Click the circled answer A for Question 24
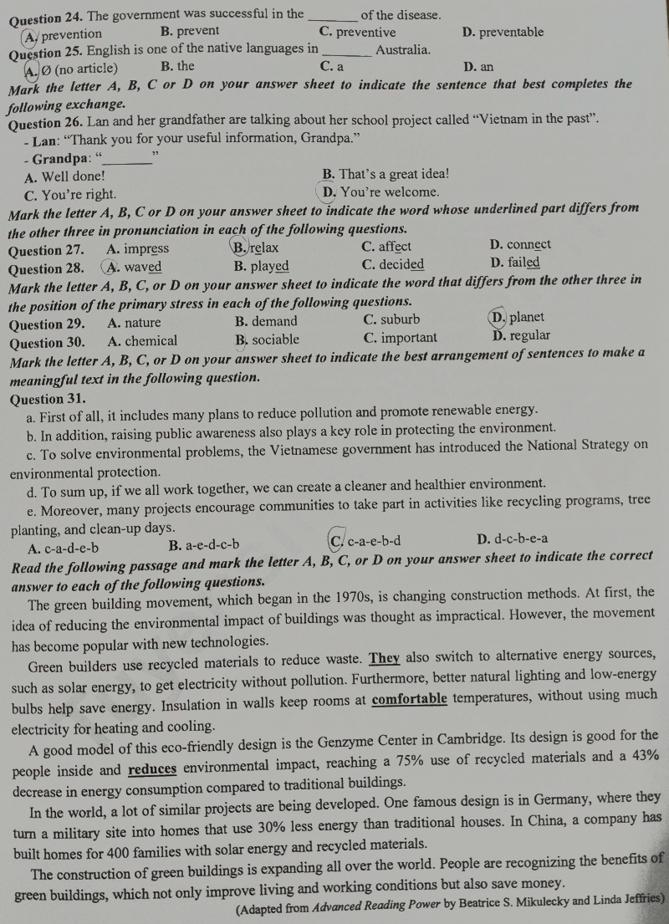click(x=31, y=34)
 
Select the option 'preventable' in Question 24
click(x=511, y=33)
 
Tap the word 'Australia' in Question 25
click(x=403, y=49)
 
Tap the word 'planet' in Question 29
click(x=527, y=317)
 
